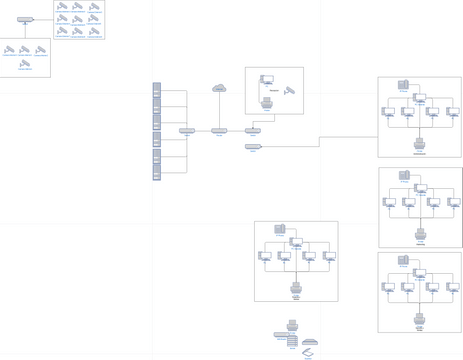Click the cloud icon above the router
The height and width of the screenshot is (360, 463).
click(219, 89)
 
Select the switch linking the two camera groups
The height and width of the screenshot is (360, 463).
click(25, 19)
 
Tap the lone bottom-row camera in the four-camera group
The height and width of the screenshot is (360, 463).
click(25, 64)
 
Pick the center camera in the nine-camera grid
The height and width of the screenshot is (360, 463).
click(77, 19)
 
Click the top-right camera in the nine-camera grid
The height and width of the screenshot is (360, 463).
click(94, 7)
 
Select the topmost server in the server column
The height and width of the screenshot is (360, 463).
click(157, 88)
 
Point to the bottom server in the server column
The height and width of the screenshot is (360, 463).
click(157, 174)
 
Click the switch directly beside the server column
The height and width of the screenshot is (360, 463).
click(187, 130)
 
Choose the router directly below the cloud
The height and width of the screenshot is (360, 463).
click(219, 130)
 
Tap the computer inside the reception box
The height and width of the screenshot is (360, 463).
click(267, 80)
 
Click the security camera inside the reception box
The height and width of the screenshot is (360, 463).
click(290, 91)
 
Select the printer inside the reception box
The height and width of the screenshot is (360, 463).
click(267, 101)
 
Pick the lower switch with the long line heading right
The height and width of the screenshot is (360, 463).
click(253, 146)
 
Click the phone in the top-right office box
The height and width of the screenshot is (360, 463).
click(404, 85)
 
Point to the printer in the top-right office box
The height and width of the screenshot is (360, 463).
click(420, 143)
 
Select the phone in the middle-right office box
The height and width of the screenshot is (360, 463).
click(404, 175)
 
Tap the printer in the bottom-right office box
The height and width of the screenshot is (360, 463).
click(420, 319)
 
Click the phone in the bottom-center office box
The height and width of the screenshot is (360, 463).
click(280, 229)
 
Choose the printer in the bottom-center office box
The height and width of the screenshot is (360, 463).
click(296, 287)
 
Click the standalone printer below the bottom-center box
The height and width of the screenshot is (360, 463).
click(292, 325)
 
